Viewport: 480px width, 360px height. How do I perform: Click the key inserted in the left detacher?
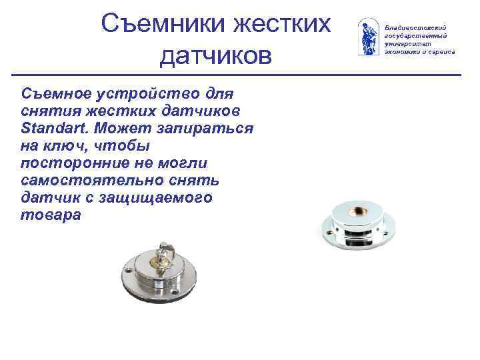(163, 257)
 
